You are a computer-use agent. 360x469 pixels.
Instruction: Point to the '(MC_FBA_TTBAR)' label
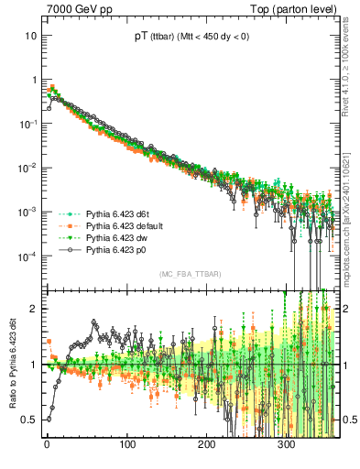(x=190, y=274)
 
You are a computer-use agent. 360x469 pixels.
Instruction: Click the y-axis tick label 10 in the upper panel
(x=30, y=36)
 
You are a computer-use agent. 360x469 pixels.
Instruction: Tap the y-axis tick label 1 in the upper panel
(x=33, y=80)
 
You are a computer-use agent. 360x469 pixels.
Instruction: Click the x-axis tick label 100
(x=126, y=444)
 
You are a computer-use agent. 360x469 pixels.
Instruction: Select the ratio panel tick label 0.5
(x=29, y=420)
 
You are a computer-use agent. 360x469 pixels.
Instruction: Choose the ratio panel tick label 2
(x=33, y=309)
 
